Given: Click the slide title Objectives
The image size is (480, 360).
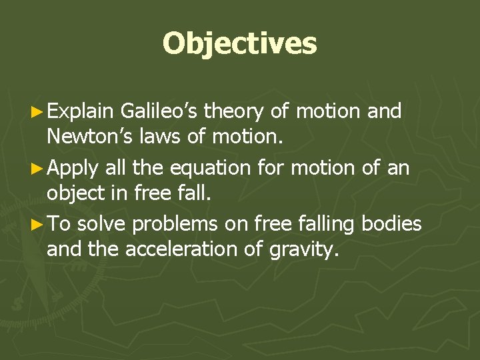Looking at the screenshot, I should point(240,43).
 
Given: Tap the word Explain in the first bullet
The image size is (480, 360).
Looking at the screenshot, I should point(84,112).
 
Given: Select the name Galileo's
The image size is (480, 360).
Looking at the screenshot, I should point(160,112).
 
